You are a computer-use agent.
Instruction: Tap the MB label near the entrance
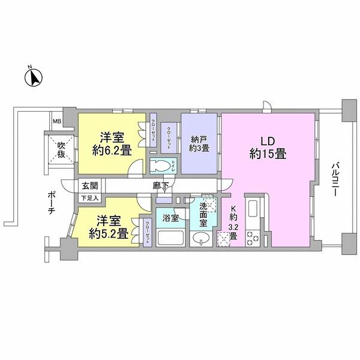[x=57, y=122]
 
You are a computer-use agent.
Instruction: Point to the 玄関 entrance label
[x=89, y=186]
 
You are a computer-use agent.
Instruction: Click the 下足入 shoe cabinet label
[x=89, y=197]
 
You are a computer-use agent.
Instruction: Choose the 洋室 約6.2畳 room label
[x=112, y=144]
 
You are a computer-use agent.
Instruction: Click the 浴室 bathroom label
[x=171, y=218]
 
